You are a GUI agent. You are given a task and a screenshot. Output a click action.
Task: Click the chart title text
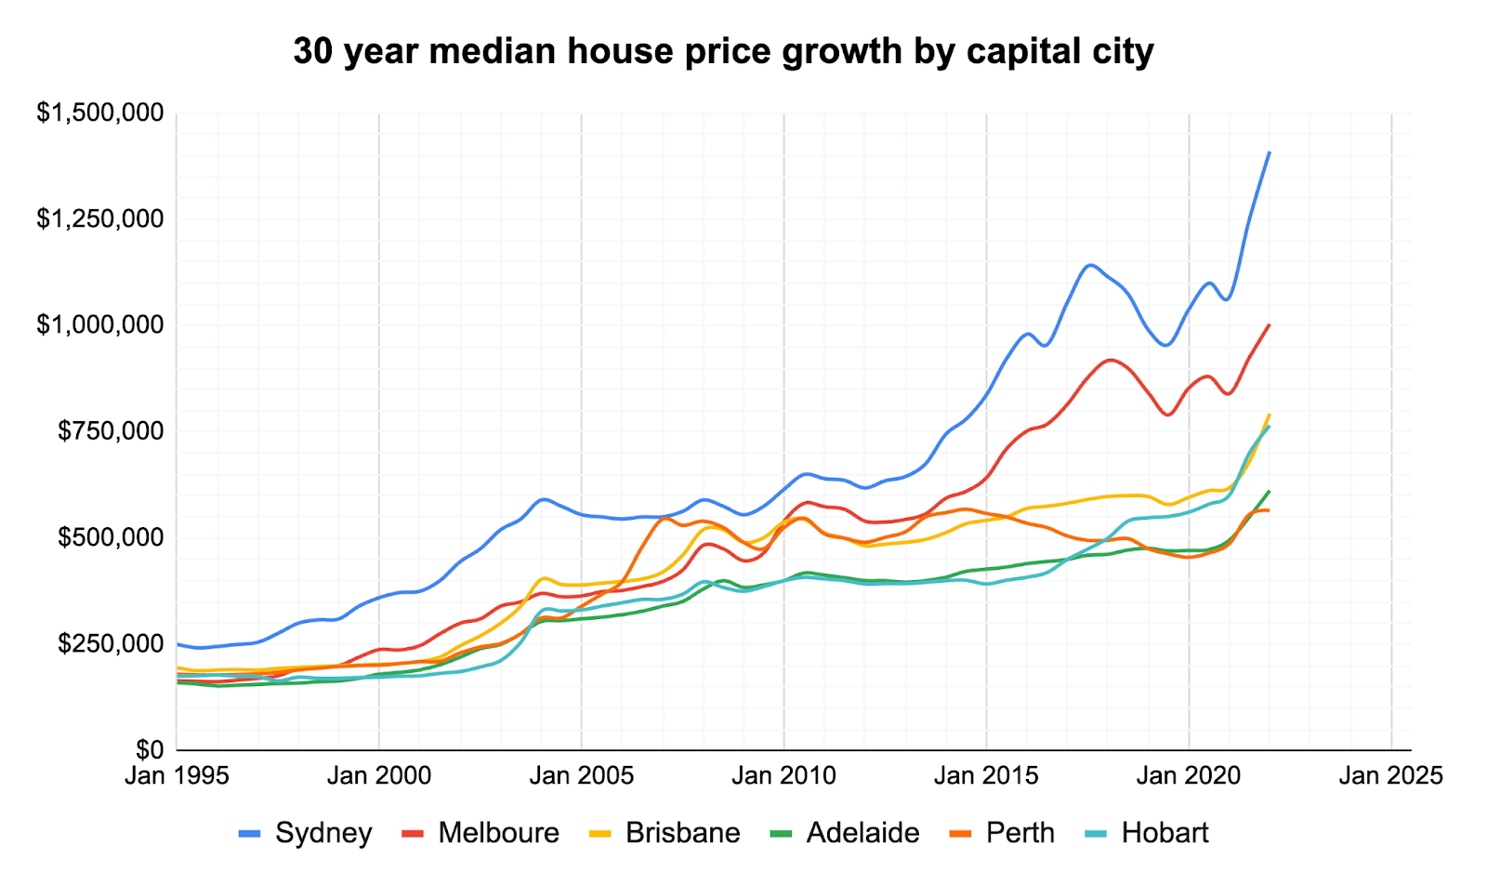point(723,51)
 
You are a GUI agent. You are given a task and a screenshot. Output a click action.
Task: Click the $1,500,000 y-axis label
point(100,112)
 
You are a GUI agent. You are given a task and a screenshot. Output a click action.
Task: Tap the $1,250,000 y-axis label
point(100,218)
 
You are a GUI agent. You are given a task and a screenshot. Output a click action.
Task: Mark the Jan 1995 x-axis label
point(177,775)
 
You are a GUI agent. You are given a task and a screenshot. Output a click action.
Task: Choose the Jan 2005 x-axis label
point(582,775)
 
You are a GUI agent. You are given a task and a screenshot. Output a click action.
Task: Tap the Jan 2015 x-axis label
point(986,775)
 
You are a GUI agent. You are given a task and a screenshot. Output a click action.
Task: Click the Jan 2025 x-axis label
point(1390,775)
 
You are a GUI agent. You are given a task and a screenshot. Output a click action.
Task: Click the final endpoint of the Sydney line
point(1270,152)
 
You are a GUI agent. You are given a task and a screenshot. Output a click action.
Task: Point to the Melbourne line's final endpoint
point(1270,325)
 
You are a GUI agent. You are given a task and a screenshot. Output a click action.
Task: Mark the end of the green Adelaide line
point(1270,491)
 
